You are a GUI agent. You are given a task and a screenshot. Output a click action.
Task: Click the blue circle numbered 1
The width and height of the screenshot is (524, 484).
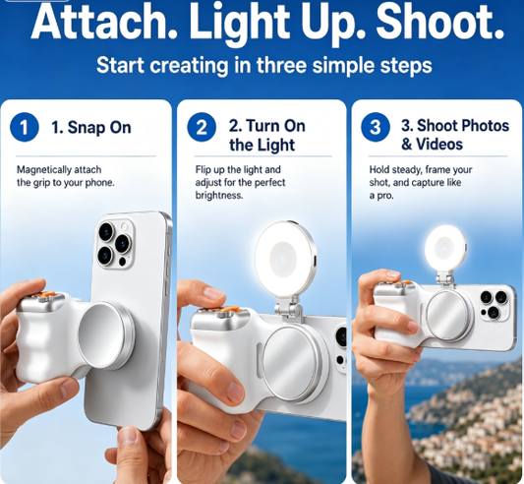(25, 127)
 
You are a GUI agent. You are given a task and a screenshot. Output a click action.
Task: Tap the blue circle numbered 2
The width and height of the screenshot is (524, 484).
(202, 127)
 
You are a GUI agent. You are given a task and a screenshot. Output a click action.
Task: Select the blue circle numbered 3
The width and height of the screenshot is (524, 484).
(376, 127)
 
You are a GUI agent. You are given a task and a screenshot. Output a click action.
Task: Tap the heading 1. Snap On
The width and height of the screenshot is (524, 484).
(90, 128)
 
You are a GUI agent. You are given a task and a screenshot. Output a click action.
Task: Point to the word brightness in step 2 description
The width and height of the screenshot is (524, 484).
(219, 196)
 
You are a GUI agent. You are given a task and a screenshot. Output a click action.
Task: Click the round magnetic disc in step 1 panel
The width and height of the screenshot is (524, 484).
(106, 335)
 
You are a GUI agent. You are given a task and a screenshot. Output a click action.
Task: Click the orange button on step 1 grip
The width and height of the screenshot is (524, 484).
(47, 294)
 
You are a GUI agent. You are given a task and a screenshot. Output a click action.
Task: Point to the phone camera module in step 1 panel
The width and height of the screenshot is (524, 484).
(116, 243)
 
